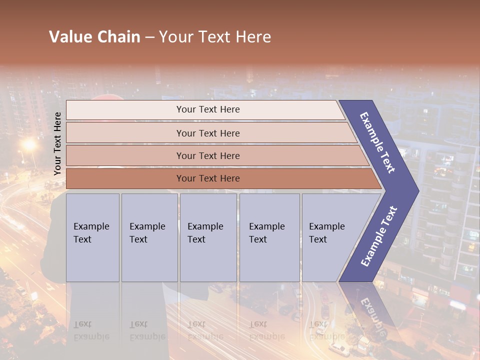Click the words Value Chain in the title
point(94,37)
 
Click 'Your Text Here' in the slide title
point(215,37)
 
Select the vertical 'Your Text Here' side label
point(57,143)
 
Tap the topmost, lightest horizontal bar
point(207,109)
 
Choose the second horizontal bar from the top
point(207,133)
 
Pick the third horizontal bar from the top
point(207,155)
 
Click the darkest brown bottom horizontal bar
point(207,178)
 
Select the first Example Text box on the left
point(92,237)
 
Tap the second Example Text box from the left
point(149,237)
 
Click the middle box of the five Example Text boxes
point(208,237)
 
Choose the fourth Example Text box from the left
point(269,237)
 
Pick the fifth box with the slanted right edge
point(330,237)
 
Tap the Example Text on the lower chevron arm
point(379,236)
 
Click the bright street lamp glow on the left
point(29,145)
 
